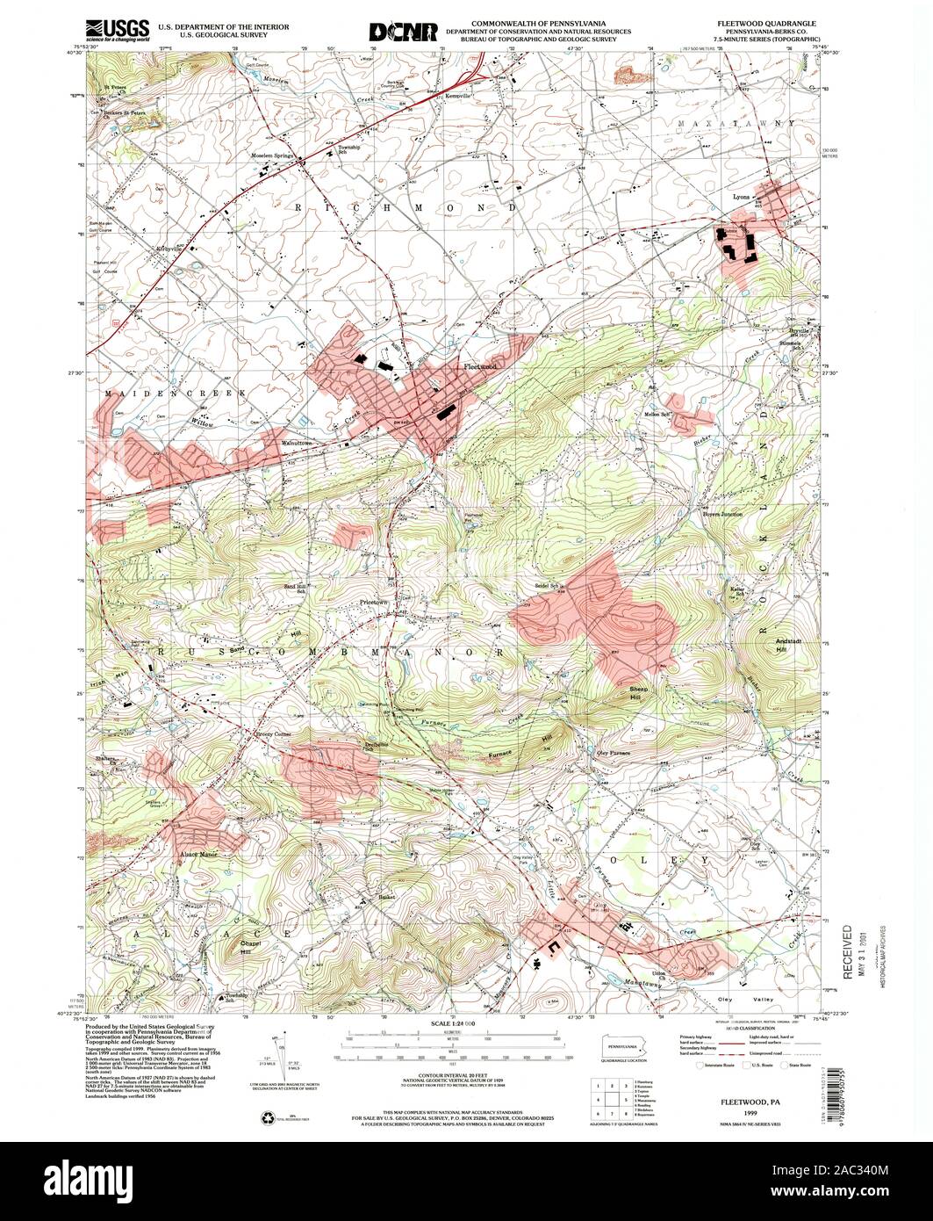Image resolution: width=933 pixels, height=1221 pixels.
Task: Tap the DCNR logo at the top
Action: click(403, 32)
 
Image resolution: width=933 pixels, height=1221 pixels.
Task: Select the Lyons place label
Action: click(742, 197)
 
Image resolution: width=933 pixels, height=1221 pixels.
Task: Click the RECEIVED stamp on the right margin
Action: click(848, 951)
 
